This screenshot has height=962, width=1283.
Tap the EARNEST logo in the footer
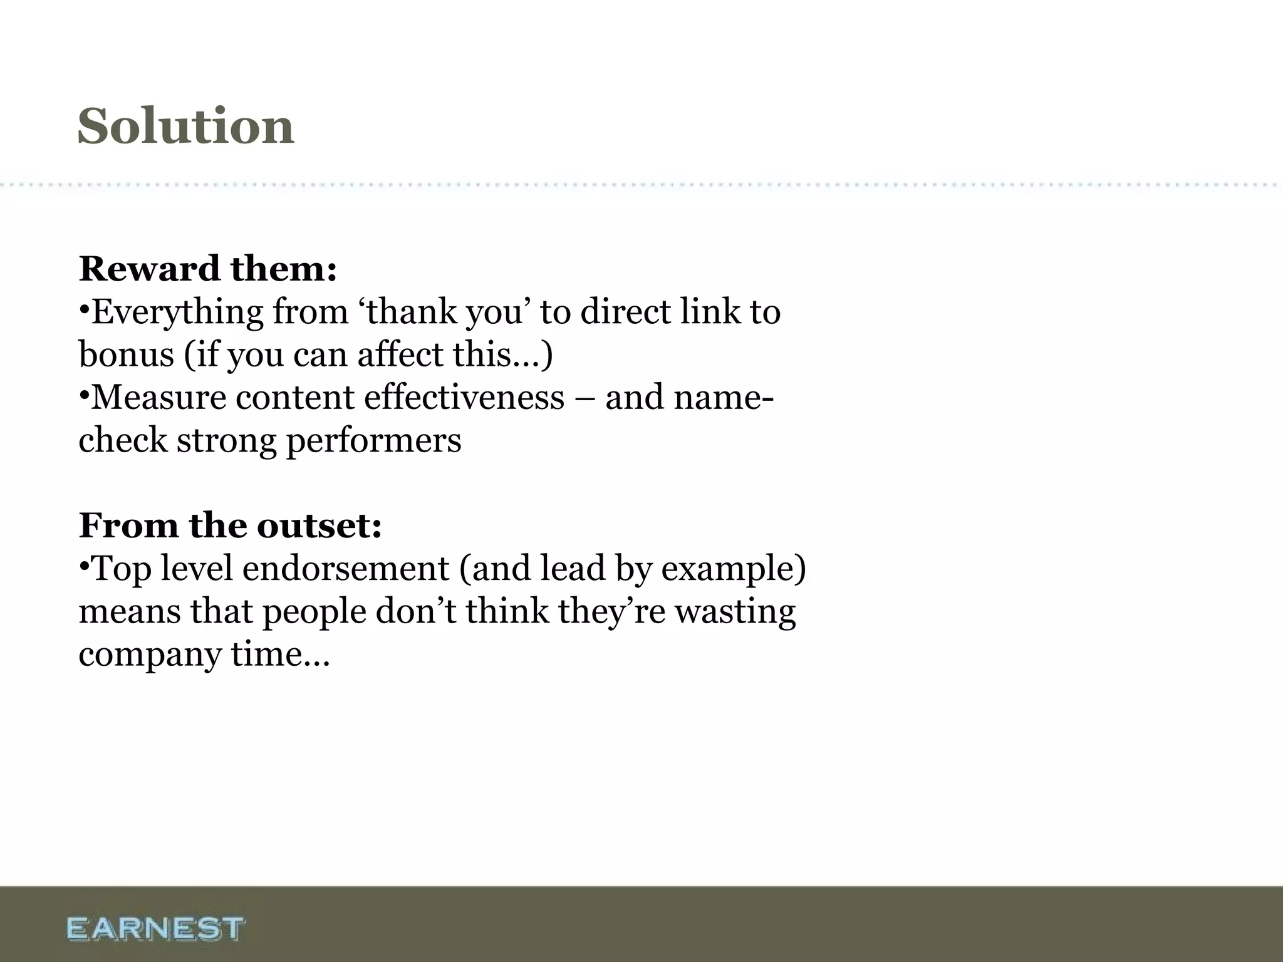155,928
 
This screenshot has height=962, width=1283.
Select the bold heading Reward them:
208,269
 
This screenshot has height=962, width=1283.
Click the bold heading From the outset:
230,525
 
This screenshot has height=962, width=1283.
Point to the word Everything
177,313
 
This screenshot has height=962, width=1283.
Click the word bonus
126,354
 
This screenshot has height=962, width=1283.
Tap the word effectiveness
464,397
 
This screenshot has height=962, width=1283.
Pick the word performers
373,441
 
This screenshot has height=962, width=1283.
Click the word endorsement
346,569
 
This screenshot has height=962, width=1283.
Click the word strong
226,441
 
